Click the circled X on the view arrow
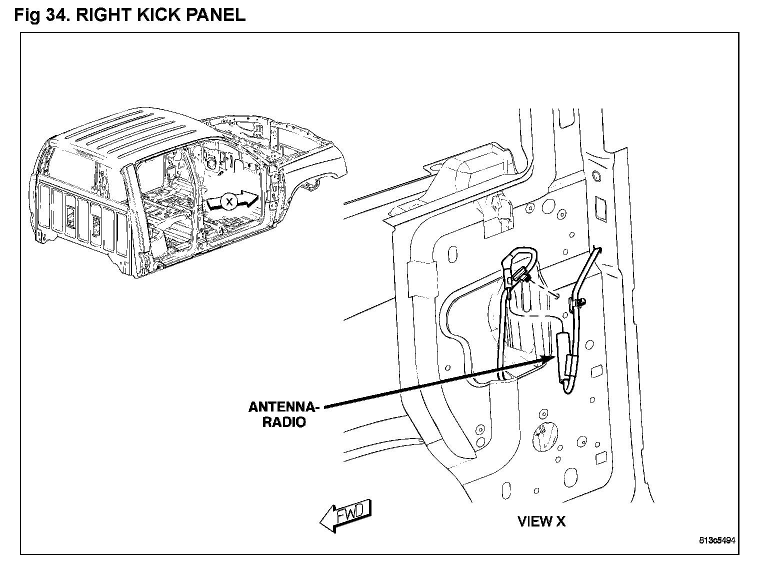coord(229,201)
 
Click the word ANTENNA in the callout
coord(283,407)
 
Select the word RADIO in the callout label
coord(284,422)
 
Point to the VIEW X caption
coord(541,521)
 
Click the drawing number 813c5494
coord(717,540)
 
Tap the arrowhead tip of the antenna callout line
coord(552,357)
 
